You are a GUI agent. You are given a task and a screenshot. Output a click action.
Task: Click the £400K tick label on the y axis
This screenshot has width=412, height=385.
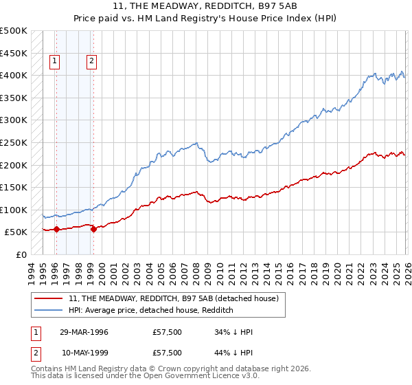tap(14, 75)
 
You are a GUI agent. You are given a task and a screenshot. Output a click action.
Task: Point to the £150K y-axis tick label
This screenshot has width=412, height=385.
tap(14, 187)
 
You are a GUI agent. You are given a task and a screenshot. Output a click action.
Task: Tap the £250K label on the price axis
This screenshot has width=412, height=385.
tap(14, 142)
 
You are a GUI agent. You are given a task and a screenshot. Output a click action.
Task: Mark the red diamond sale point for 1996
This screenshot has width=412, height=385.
tap(56, 229)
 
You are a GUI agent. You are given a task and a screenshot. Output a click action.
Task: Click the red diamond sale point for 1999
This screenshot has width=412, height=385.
tap(93, 229)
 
